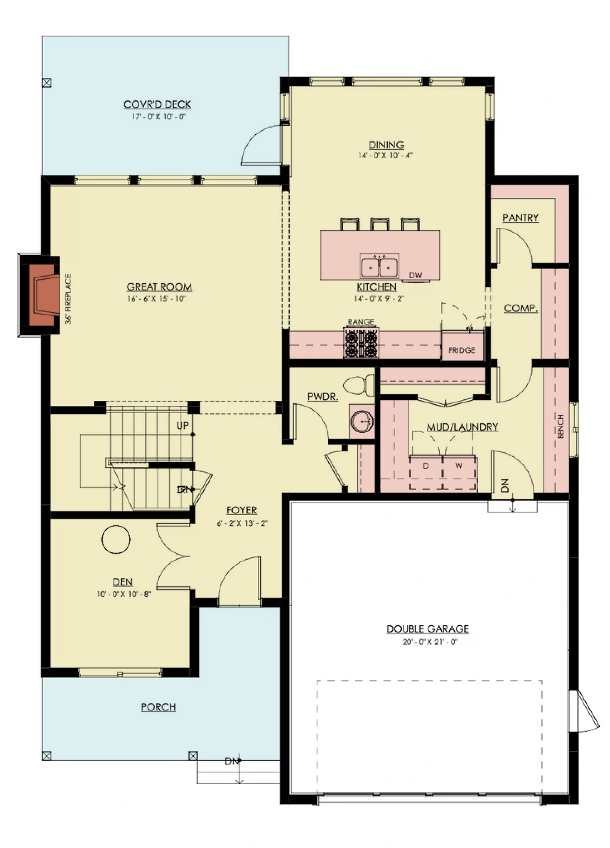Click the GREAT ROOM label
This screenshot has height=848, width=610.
(x=159, y=287)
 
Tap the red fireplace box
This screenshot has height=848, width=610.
(x=44, y=295)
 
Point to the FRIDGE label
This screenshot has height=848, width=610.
(x=462, y=350)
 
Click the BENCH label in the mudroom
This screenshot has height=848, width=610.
(x=560, y=426)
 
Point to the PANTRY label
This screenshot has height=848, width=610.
(x=521, y=218)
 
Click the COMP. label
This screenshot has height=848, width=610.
(x=521, y=308)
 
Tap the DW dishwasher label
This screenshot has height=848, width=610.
(x=415, y=275)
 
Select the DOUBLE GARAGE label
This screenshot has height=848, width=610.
(x=428, y=629)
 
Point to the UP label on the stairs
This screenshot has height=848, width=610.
(x=183, y=425)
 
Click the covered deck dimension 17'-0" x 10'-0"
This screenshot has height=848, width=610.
(x=159, y=116)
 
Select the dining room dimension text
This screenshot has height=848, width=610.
(x=385, y=155)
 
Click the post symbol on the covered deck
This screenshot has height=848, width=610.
(x=47, y=83)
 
